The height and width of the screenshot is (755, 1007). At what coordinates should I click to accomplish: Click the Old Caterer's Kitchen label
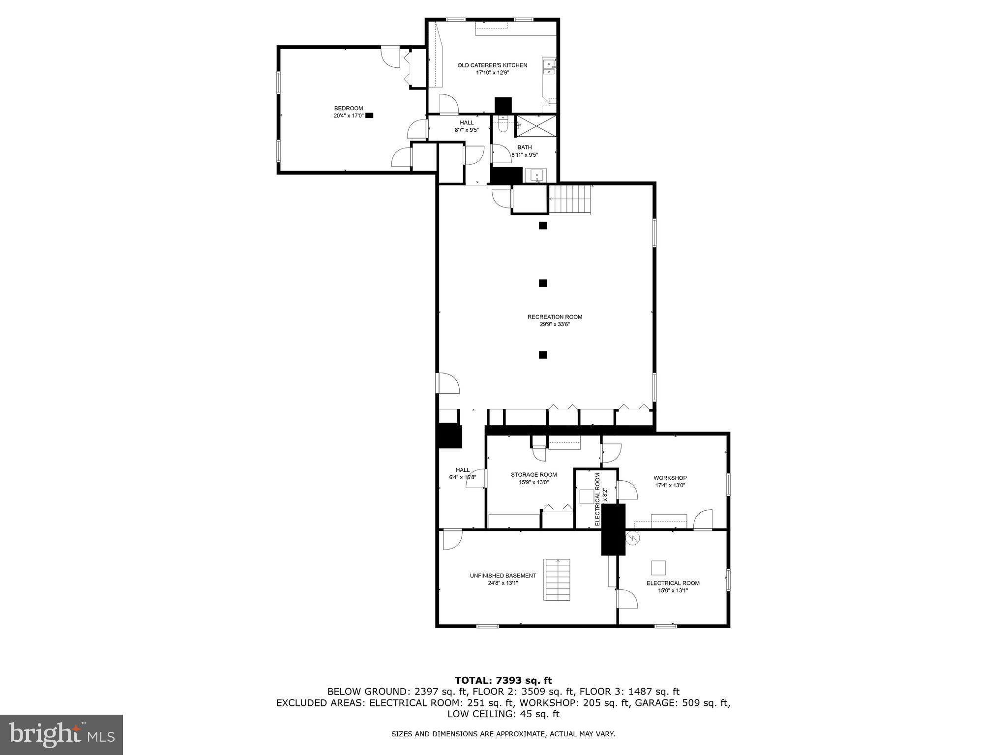click(492, 65)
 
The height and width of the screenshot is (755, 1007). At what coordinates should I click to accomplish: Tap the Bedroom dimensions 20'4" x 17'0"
click(348, 116)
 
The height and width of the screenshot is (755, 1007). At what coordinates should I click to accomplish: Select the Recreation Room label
click(555, 317)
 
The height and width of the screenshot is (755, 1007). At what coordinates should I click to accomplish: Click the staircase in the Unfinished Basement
click(557, 580)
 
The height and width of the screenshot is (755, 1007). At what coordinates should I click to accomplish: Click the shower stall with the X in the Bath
click(536, 126)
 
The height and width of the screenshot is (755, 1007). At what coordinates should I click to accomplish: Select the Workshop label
click(670, 478)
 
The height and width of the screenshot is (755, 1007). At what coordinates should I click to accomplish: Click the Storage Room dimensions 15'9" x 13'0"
click(533, 482)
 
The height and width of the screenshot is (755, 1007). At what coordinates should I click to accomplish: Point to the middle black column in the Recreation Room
click(543, 283)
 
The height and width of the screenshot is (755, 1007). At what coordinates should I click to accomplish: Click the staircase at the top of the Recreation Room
click(569, 200)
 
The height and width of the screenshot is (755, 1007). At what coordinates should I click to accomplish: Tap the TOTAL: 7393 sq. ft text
click(503, 681)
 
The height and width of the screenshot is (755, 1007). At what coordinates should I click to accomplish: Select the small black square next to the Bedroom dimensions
click(369, 116)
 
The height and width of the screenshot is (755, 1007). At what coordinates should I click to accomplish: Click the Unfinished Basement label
click(503, 576)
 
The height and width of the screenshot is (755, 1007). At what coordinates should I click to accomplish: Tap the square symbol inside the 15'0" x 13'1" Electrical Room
click(658, 568)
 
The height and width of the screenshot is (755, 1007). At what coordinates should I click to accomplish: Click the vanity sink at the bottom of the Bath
click(537, 175)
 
